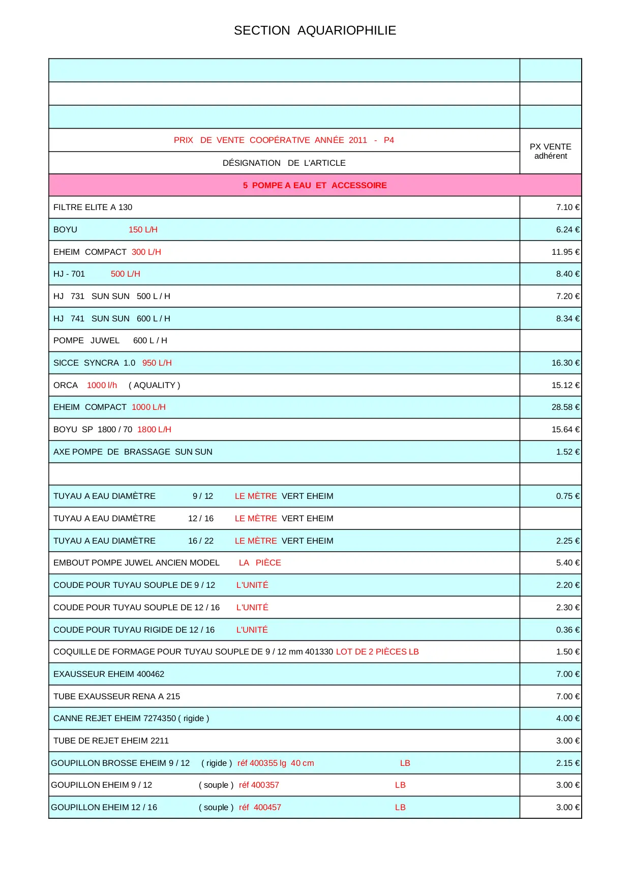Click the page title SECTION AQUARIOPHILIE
pos(315,31)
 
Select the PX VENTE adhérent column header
pos(550,151)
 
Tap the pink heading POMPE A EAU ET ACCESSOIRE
pos(315,185)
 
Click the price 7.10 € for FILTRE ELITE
pos(567,207)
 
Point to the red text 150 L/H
pos(143,230)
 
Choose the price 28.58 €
pos(565,407)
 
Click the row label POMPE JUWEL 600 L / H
pos(110,341)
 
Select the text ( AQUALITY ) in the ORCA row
pos(154,385)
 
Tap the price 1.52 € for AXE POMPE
pos(567,452)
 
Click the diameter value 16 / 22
pos(201,541)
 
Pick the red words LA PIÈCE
pos(260,563)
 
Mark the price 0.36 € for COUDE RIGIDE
pos(567,630)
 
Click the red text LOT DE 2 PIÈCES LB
pos(377,652)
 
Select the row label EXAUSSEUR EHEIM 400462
pos(109,674)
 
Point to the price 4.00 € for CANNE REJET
pos(567,719)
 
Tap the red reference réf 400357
pos(259,785)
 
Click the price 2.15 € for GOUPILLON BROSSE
pos(567,763)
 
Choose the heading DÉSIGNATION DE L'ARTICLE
pos(284,163)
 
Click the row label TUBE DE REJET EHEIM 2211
pos(111,741)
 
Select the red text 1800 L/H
pos(154,430)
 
